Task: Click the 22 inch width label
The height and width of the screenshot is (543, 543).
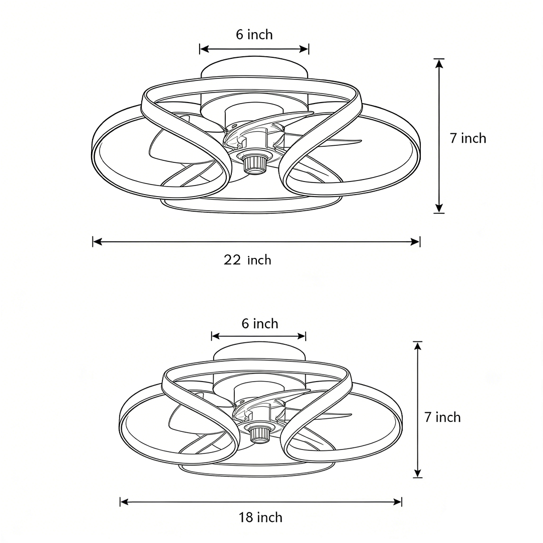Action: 247,260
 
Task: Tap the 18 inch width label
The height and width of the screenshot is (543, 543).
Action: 260,517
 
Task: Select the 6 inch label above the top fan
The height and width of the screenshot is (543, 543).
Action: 254,35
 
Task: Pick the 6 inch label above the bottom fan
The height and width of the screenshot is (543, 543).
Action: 259,323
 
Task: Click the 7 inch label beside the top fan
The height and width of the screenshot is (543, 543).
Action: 468,138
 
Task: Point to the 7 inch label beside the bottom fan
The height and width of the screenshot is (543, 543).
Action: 442,417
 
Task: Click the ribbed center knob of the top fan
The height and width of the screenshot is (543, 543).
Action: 254,163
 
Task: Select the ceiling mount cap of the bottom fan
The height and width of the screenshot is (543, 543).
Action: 259,352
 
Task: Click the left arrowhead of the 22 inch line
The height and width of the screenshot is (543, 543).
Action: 98,242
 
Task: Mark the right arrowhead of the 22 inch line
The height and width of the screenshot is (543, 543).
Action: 415,242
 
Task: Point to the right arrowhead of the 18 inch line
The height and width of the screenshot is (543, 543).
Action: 397,502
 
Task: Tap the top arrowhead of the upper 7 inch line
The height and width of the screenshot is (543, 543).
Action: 439,63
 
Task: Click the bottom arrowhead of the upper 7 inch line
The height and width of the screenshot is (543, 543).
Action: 439,208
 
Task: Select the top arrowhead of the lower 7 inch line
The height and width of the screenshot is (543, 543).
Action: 417,346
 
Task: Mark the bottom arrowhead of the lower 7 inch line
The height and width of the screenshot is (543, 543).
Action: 417,473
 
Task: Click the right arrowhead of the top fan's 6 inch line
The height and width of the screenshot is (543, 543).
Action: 304,49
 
